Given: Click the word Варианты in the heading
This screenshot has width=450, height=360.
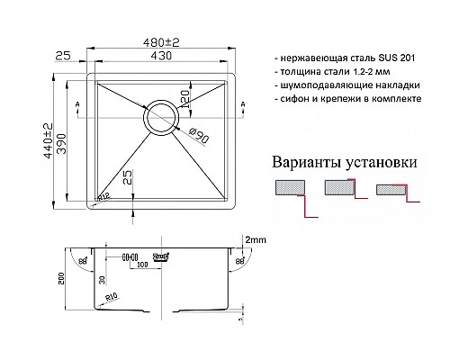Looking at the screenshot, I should (302, 165).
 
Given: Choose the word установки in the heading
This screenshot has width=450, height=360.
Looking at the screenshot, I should (380, 165).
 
